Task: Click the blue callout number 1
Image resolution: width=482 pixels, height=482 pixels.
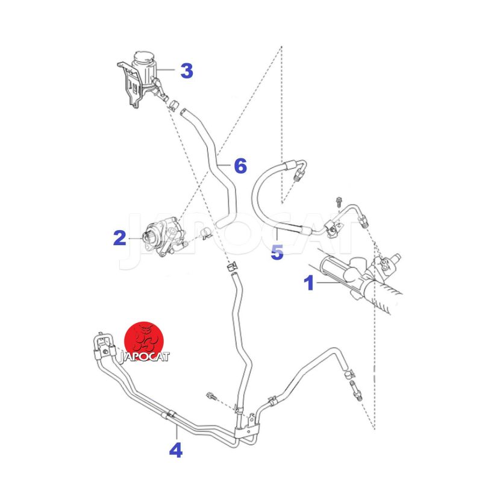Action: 309,283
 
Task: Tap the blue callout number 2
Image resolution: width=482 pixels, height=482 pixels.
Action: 119,239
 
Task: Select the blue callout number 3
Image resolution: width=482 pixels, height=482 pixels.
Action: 187,70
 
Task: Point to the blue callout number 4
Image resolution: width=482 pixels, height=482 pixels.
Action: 175,449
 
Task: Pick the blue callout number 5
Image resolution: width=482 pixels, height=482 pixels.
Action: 277,252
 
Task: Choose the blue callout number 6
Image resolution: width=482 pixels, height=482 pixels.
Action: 240,165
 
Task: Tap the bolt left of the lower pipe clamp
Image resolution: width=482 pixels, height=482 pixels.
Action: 211,396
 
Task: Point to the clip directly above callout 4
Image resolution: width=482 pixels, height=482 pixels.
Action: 171,414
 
